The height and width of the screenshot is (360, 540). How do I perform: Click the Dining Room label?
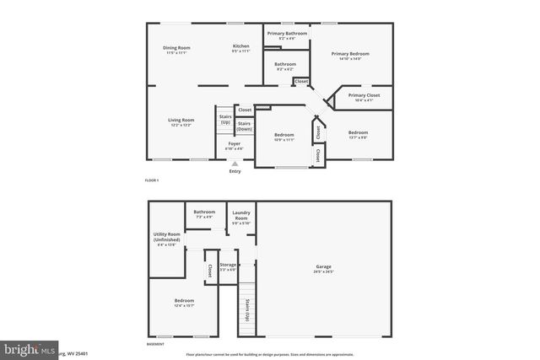click(176, 48)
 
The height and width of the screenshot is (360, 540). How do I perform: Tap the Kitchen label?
click(241, 46)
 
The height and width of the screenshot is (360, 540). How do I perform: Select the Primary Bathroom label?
click(287, 34)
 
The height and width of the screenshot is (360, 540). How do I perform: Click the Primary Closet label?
click(364, 95)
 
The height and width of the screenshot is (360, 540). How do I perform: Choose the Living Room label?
click(181, 121)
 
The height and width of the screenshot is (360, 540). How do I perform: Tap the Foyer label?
click(235, 145)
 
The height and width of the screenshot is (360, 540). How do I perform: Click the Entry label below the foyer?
click(235, 171)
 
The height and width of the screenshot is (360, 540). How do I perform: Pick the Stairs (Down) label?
click(244, 126)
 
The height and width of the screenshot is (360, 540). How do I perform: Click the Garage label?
click(324, 267)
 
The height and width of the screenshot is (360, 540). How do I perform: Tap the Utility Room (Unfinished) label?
click(167, 238)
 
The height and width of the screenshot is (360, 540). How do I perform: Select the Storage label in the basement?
click(228, 266)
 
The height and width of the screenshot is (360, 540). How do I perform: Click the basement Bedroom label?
click(184, 301)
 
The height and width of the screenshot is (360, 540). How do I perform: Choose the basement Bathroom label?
click(204, 212)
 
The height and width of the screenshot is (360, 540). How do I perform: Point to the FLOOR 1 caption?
click(152, 180)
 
